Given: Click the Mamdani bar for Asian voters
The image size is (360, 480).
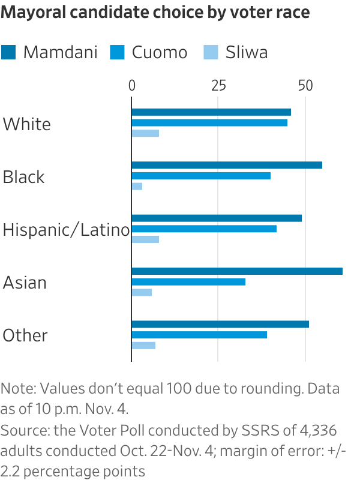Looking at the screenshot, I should coord(237,271).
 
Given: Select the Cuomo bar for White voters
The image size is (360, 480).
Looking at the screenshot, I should coord(209,122).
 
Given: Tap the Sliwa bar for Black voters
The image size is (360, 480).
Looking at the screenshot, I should coord(137,187).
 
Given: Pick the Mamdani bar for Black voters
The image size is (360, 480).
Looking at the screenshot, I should coord(227,165).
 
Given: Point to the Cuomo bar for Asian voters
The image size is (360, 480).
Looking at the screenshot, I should coord(188,282).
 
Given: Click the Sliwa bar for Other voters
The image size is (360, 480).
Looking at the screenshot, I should coord(143,346).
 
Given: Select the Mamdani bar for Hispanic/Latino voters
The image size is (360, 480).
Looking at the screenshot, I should coord(217,218).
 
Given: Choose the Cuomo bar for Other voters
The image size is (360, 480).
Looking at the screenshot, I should coord(199,335).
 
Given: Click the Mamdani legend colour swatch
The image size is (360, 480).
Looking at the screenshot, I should coord(9,52).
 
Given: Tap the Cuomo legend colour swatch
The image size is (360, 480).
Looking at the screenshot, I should coord(116,52).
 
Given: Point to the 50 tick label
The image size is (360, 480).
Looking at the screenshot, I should coord(306,86).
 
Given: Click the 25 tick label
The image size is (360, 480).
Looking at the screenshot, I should coord(218,86).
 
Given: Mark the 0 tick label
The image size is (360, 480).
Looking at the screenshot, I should coord(132,86).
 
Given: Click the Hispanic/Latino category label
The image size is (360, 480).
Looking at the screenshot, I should coord(66,230).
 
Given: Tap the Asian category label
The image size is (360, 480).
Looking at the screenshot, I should coord(25,283).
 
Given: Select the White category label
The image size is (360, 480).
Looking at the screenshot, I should coord(27,124).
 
